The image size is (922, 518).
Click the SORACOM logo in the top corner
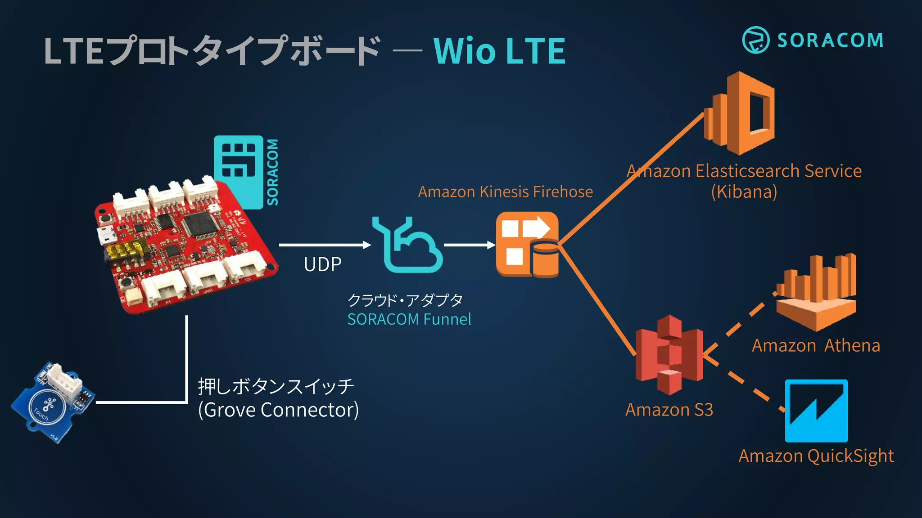click(x=813, y=40)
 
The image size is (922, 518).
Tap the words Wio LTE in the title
click(x=499, y=51)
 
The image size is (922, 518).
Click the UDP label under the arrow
click(x=322, y=264)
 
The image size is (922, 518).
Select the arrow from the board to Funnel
click(x=324, y=245)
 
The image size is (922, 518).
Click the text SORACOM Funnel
click(x=409, y=319)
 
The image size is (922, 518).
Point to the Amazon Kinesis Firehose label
click(x=505, y=192)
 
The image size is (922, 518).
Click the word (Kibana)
click(x=744, y=192)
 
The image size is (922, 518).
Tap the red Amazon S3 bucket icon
click(x=669, y=355)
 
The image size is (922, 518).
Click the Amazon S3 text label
click(x=669, y=410)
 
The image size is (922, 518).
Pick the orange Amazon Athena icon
click(x=816, y=292)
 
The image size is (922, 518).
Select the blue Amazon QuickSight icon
click(x=816, y=411)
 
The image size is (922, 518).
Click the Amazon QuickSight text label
click(x=816, y=456)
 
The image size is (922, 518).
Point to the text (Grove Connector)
click(x=278, y=410)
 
